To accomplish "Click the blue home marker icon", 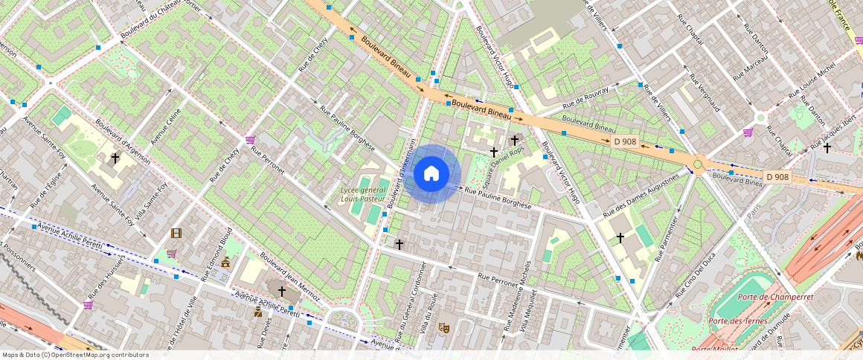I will tap(431, 174).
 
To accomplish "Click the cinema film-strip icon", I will tap(176, 233).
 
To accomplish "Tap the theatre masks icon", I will tap(445, 327).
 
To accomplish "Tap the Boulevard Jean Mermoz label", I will tap(290, 280).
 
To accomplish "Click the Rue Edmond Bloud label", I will tap(216, 253).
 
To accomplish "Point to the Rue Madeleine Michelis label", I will tap(519, 296).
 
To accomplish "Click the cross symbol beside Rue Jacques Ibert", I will tap(827, 147).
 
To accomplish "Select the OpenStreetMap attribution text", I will tap(76, 355).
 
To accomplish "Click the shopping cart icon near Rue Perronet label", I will tap(251, 140).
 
